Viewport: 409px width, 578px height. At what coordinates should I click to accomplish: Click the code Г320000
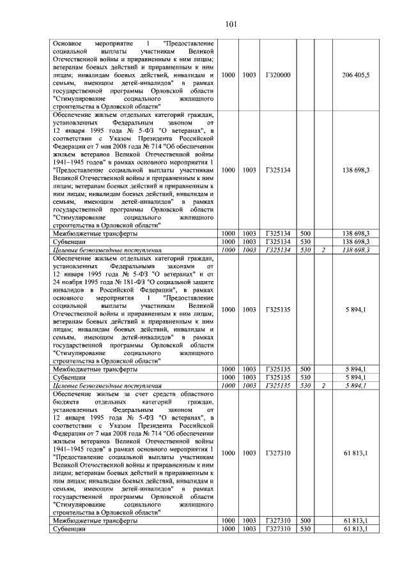coord(278,75)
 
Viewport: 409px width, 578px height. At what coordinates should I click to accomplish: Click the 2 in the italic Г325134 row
coord(324,250)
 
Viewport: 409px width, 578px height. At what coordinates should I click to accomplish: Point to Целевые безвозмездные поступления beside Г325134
coord(107,250)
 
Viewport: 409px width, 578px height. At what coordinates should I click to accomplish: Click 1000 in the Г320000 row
coord(228,75)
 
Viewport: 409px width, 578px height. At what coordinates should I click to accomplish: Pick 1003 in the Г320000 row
coord(249,75)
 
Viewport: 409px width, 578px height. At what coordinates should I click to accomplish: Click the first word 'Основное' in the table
coord(68,42)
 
